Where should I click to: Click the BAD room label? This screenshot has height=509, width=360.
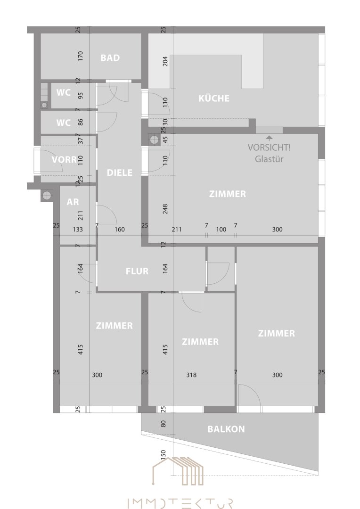(110, 58)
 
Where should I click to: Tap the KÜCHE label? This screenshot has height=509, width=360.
(214, 98)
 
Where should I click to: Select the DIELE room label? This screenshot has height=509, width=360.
(120, 172)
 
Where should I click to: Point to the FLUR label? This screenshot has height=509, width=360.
(137, 271)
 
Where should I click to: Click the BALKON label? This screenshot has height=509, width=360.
(226, 429)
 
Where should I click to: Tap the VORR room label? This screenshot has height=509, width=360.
(64, 160)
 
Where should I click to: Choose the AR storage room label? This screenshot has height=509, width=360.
(73, 202)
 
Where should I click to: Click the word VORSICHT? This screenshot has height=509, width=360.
(269, 148)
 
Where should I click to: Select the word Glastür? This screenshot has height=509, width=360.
(269, 159)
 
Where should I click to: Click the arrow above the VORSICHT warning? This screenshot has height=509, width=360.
(269, 138)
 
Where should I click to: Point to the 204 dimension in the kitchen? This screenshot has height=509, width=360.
(165, 61)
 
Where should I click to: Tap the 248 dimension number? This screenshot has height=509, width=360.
(165, 209)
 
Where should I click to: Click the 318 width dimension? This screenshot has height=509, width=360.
(191, 375)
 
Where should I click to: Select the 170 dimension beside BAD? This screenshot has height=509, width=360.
(81, 56)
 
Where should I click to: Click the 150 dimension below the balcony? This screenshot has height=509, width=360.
(164, 454)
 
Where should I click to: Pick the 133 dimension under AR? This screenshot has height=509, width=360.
(78, 230)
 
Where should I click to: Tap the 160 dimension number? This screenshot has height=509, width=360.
(120, 230)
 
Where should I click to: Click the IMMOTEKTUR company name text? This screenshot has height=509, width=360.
(180, 503)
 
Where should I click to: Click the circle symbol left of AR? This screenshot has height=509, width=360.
(47, 195)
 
